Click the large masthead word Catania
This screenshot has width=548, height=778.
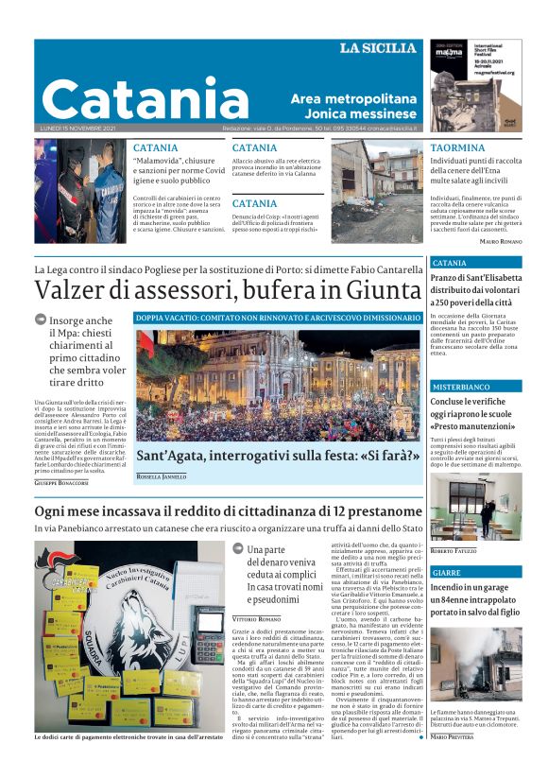pos(132,99)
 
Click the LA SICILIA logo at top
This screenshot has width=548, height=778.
pos(377,48)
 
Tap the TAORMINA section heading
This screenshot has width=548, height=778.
pos(458,148)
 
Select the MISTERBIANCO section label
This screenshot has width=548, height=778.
pos(461,388)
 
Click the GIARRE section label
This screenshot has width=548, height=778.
pos(447,573)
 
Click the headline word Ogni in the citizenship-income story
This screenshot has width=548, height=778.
pos(56,512)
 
